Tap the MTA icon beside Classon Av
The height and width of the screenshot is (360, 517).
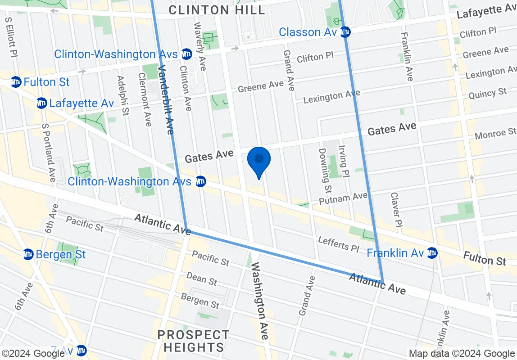345,32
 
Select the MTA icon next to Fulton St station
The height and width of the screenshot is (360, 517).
16,82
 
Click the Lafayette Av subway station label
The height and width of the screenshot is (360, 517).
81,103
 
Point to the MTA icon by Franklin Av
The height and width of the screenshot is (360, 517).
432,253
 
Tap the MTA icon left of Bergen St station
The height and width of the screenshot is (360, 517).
28,254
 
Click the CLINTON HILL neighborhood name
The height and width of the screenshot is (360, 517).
217,10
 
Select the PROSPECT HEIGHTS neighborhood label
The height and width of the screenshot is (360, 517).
194,341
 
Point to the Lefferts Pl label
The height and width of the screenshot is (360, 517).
339,244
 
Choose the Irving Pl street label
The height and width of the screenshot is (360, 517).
344,161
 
